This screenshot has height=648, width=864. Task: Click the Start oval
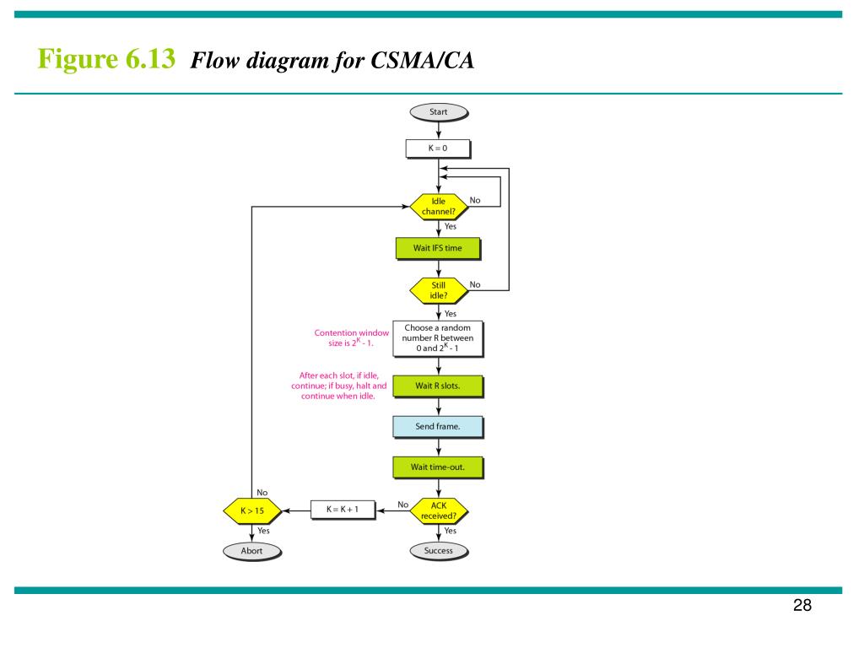[x=439, y=112]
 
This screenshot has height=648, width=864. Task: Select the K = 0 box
[x=438, y=148]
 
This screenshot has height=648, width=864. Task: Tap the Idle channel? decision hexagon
[x=439, y=207]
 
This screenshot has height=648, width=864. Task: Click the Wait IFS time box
[x=438, y=249]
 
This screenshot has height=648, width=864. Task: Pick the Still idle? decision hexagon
[x=439, y=290]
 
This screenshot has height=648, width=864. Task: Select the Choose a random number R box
[x=438, y=338]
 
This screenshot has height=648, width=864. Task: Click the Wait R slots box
[x=438, y=386]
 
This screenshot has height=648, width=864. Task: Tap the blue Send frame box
[x=438, y=426]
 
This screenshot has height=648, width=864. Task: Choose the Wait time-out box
[x=438, y=467]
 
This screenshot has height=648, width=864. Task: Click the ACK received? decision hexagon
[x=439, y=510]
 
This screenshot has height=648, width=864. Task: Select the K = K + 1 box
[x=343, y=510]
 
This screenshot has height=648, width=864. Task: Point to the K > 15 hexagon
[x=252, y=510]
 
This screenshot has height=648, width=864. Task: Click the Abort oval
[x=251, y=551]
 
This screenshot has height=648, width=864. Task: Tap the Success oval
[x=439, y=551]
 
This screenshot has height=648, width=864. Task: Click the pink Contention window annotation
[x=352, y=337]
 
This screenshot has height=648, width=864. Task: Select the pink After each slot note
[x=339, y=386]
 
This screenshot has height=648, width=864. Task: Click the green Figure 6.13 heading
[x=106, y=59]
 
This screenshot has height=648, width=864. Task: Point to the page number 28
[x=802, y=605]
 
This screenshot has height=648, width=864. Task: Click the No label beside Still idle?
[x=475, y=284]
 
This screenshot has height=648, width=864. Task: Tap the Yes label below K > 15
[x=263, y=531]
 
